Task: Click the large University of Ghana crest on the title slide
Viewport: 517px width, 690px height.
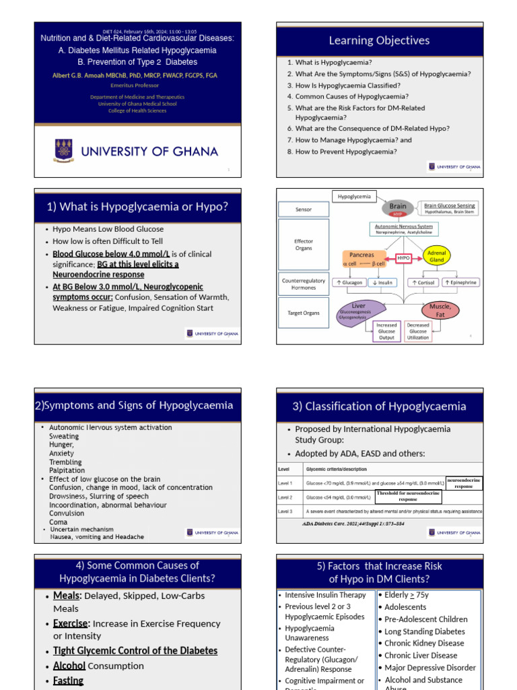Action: [x=63, y=150]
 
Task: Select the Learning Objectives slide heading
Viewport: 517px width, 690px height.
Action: [x=379, y=40]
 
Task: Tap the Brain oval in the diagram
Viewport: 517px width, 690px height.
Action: [x=398, y=207]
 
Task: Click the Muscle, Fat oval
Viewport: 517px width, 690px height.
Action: [x=440, y=310]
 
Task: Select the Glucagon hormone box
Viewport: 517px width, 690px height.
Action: [x=350, y=282]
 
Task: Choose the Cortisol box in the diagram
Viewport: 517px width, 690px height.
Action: [x=423, y=282]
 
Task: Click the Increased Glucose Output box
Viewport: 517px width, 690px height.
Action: [x=386, y=331]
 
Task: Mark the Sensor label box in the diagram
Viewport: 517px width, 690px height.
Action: [x=304, y=210]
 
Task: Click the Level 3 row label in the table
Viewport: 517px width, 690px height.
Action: [x=285, y=511]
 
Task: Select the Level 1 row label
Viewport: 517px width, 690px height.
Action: [x=285, y=483]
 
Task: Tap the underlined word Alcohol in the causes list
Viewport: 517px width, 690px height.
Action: [x=69, y=666]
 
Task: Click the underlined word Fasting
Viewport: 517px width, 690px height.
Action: [x=68, y=681]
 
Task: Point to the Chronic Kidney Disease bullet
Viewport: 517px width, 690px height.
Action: [x=424, y=644]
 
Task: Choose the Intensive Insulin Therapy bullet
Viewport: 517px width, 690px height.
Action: [x=325, y=595]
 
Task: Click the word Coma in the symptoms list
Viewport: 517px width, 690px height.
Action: [x=59, y=522]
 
